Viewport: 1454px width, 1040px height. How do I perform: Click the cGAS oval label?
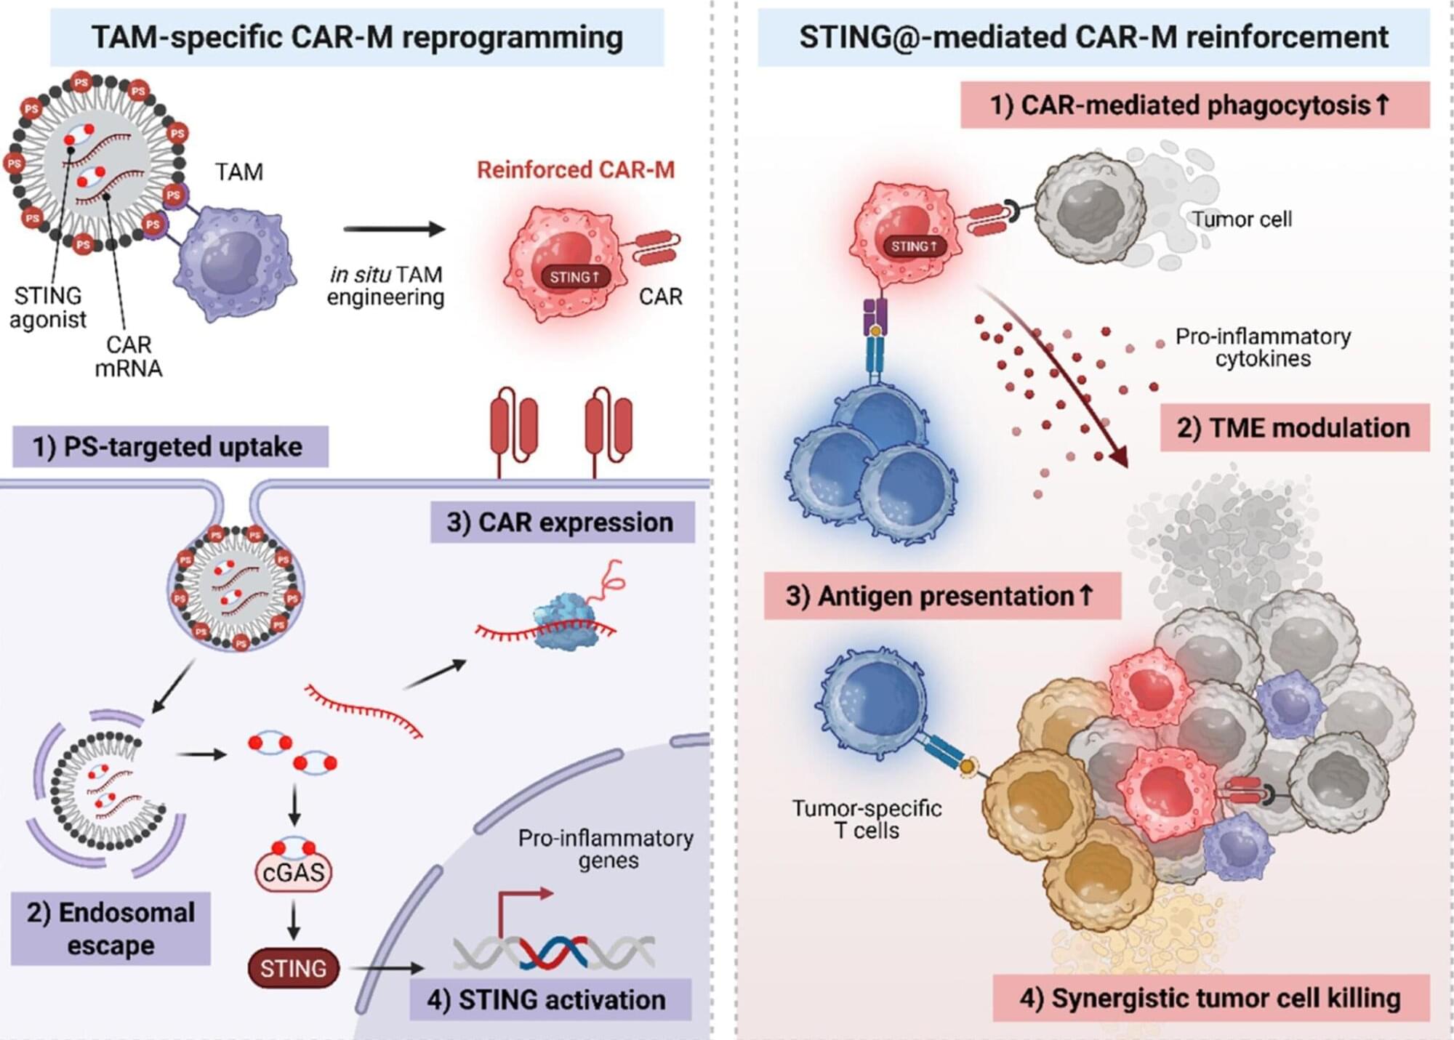293,871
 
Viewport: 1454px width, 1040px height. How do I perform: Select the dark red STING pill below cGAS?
293,968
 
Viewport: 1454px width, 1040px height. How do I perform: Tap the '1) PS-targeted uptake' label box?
170,446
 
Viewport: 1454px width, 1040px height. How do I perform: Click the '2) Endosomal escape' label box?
111,929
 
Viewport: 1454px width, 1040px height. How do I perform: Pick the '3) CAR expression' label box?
562,523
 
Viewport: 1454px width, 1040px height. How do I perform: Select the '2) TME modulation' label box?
1294,428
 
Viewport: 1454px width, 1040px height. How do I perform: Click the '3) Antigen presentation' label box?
941,596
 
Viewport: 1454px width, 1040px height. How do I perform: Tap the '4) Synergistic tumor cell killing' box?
1210,998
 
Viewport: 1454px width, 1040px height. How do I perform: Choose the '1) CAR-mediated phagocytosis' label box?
1194,105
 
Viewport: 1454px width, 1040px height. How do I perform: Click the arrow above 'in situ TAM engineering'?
393,230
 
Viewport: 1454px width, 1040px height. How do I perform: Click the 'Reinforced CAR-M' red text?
576,170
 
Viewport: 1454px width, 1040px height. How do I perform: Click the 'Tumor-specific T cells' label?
867,819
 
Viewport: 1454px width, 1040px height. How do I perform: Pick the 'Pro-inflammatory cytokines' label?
1263,347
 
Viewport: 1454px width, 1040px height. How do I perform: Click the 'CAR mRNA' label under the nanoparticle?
129,356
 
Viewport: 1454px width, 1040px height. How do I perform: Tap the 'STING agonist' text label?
48,307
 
